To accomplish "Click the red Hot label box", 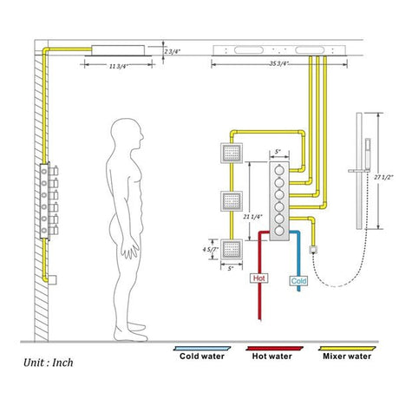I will pyautogui.click(x=258, y=278).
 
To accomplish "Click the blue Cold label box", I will pyautogui.click(x=298, y=280).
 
